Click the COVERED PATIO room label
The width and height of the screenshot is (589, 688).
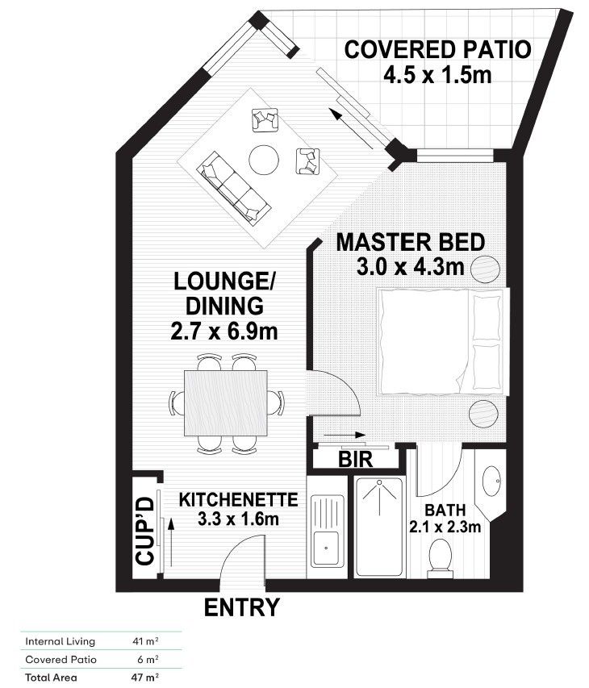tap(438, 50)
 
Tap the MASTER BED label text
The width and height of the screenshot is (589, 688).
tap(410, 242)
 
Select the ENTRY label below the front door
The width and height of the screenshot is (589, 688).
tap(241, 607)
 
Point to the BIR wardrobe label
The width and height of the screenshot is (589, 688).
tap(355, 461)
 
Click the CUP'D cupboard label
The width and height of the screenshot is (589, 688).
tap(145, 533)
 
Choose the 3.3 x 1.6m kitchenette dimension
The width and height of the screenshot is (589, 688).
tap(238, 519)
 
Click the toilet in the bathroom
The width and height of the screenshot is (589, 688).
tap(440, 556)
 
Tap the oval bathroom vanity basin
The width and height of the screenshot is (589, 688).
tap(490, 483)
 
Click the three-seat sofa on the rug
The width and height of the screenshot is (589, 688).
tap(235, 186)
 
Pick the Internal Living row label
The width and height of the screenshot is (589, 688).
tap(61, 642)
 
